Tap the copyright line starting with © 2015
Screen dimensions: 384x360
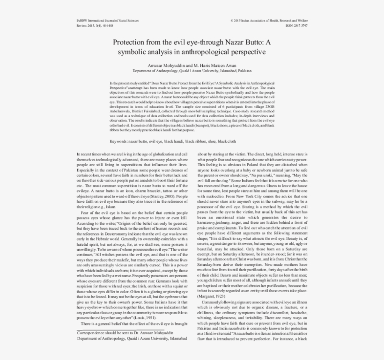coord(269,21)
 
